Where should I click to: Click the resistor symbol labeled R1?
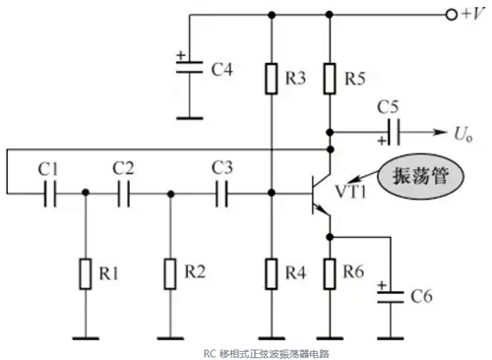pos(86,270)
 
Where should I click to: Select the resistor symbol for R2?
pos(171,270)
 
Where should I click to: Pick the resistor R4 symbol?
pos(271,270)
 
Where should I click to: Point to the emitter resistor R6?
pos(332,270)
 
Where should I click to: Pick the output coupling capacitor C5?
pos(395,132)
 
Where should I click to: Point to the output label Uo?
pos(465,132)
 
